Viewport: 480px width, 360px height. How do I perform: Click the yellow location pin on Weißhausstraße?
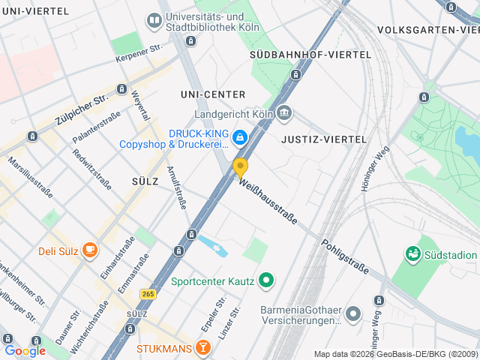coord(240,166)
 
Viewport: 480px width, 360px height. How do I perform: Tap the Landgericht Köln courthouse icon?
coord(284,114)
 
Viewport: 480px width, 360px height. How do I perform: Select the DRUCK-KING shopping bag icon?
coord(239,136)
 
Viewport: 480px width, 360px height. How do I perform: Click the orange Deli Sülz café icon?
coord(90,250)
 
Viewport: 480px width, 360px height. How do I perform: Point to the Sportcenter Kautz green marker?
coord(265,282)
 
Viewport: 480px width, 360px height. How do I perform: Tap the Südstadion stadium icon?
coord(412,255)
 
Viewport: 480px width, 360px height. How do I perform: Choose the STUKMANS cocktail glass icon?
coord(202,348)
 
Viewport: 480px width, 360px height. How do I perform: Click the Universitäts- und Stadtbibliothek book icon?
coord(154,20)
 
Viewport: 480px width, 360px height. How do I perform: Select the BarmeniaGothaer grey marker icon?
coord(354,313)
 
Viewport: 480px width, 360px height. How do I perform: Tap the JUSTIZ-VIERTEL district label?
coord(323,139)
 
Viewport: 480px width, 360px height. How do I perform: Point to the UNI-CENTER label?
coord(213,94)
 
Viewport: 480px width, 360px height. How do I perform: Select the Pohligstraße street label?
coord(346,256)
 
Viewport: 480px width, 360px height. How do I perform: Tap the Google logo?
coord(25,350)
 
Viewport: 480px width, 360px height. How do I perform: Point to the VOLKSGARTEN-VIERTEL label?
coord(428,30)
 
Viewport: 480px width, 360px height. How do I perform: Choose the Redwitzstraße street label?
coord(91,169)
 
